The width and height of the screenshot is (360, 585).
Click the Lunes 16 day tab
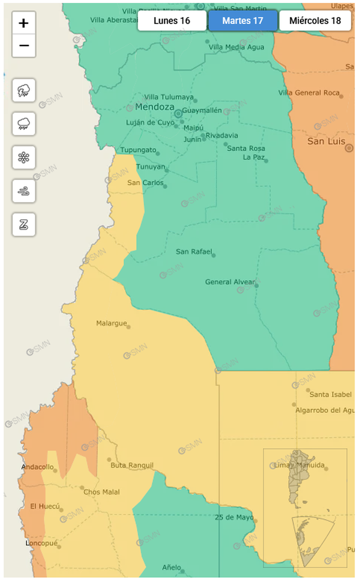172,21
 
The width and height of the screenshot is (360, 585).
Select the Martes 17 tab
243,21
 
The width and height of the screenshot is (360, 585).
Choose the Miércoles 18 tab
315,21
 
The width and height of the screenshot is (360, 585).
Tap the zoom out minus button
24,46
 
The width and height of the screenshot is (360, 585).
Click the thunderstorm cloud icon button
24,90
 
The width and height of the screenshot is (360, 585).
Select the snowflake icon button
24,157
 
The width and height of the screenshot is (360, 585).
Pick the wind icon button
24,191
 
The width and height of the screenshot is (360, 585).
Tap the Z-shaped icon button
24,225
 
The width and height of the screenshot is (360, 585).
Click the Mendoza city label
154,107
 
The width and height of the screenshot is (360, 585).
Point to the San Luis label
326,141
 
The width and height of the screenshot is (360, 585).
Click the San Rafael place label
194,251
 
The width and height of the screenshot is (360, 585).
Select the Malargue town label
111,323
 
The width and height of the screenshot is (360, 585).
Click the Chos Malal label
101,492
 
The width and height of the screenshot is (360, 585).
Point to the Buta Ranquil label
132,466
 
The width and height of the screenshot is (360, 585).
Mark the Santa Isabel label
330,394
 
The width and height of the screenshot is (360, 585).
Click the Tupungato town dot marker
158,153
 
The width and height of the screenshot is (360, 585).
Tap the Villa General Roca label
309,93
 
